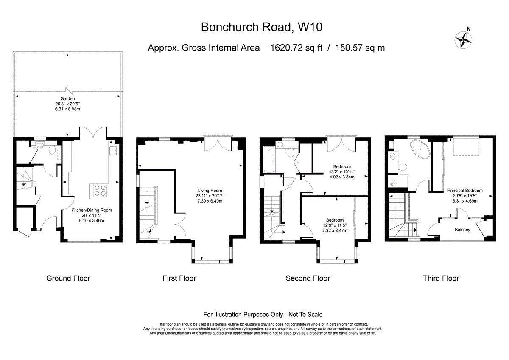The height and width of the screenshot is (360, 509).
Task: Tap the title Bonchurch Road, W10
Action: click(x=262, y=27)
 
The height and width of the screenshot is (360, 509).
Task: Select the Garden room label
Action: click(x=67, y=98)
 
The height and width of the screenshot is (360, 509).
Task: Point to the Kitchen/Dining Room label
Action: click(x=92, y=211)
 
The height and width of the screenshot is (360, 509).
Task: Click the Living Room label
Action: click(x=210, y=191)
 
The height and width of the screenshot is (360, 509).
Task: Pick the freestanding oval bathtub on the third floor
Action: click(x=420, y=149)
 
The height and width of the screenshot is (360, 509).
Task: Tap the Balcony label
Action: click(x=462, y=230)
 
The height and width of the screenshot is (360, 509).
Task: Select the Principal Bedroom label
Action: click(x=465, y=191)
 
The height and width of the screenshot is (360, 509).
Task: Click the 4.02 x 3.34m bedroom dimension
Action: click(x=342, y=177)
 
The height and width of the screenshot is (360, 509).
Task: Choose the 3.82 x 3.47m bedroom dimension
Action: click(x=335, y=231)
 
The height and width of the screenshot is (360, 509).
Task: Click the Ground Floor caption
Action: click(x=68, y=278)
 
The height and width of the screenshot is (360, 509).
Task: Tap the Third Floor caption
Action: click(x=441, y=278)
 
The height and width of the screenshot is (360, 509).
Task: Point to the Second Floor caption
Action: click(x=308, y=278)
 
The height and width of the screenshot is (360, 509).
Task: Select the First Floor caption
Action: click(x=179, y=278)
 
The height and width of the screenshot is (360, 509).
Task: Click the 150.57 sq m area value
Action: click(x=360, y=48)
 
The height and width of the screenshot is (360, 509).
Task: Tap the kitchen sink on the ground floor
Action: click(x=113, y=151)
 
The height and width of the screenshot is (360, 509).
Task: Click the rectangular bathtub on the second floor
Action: click(x=269, y=160)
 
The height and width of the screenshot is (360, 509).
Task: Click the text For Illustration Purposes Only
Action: click(x=243, y=315)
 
